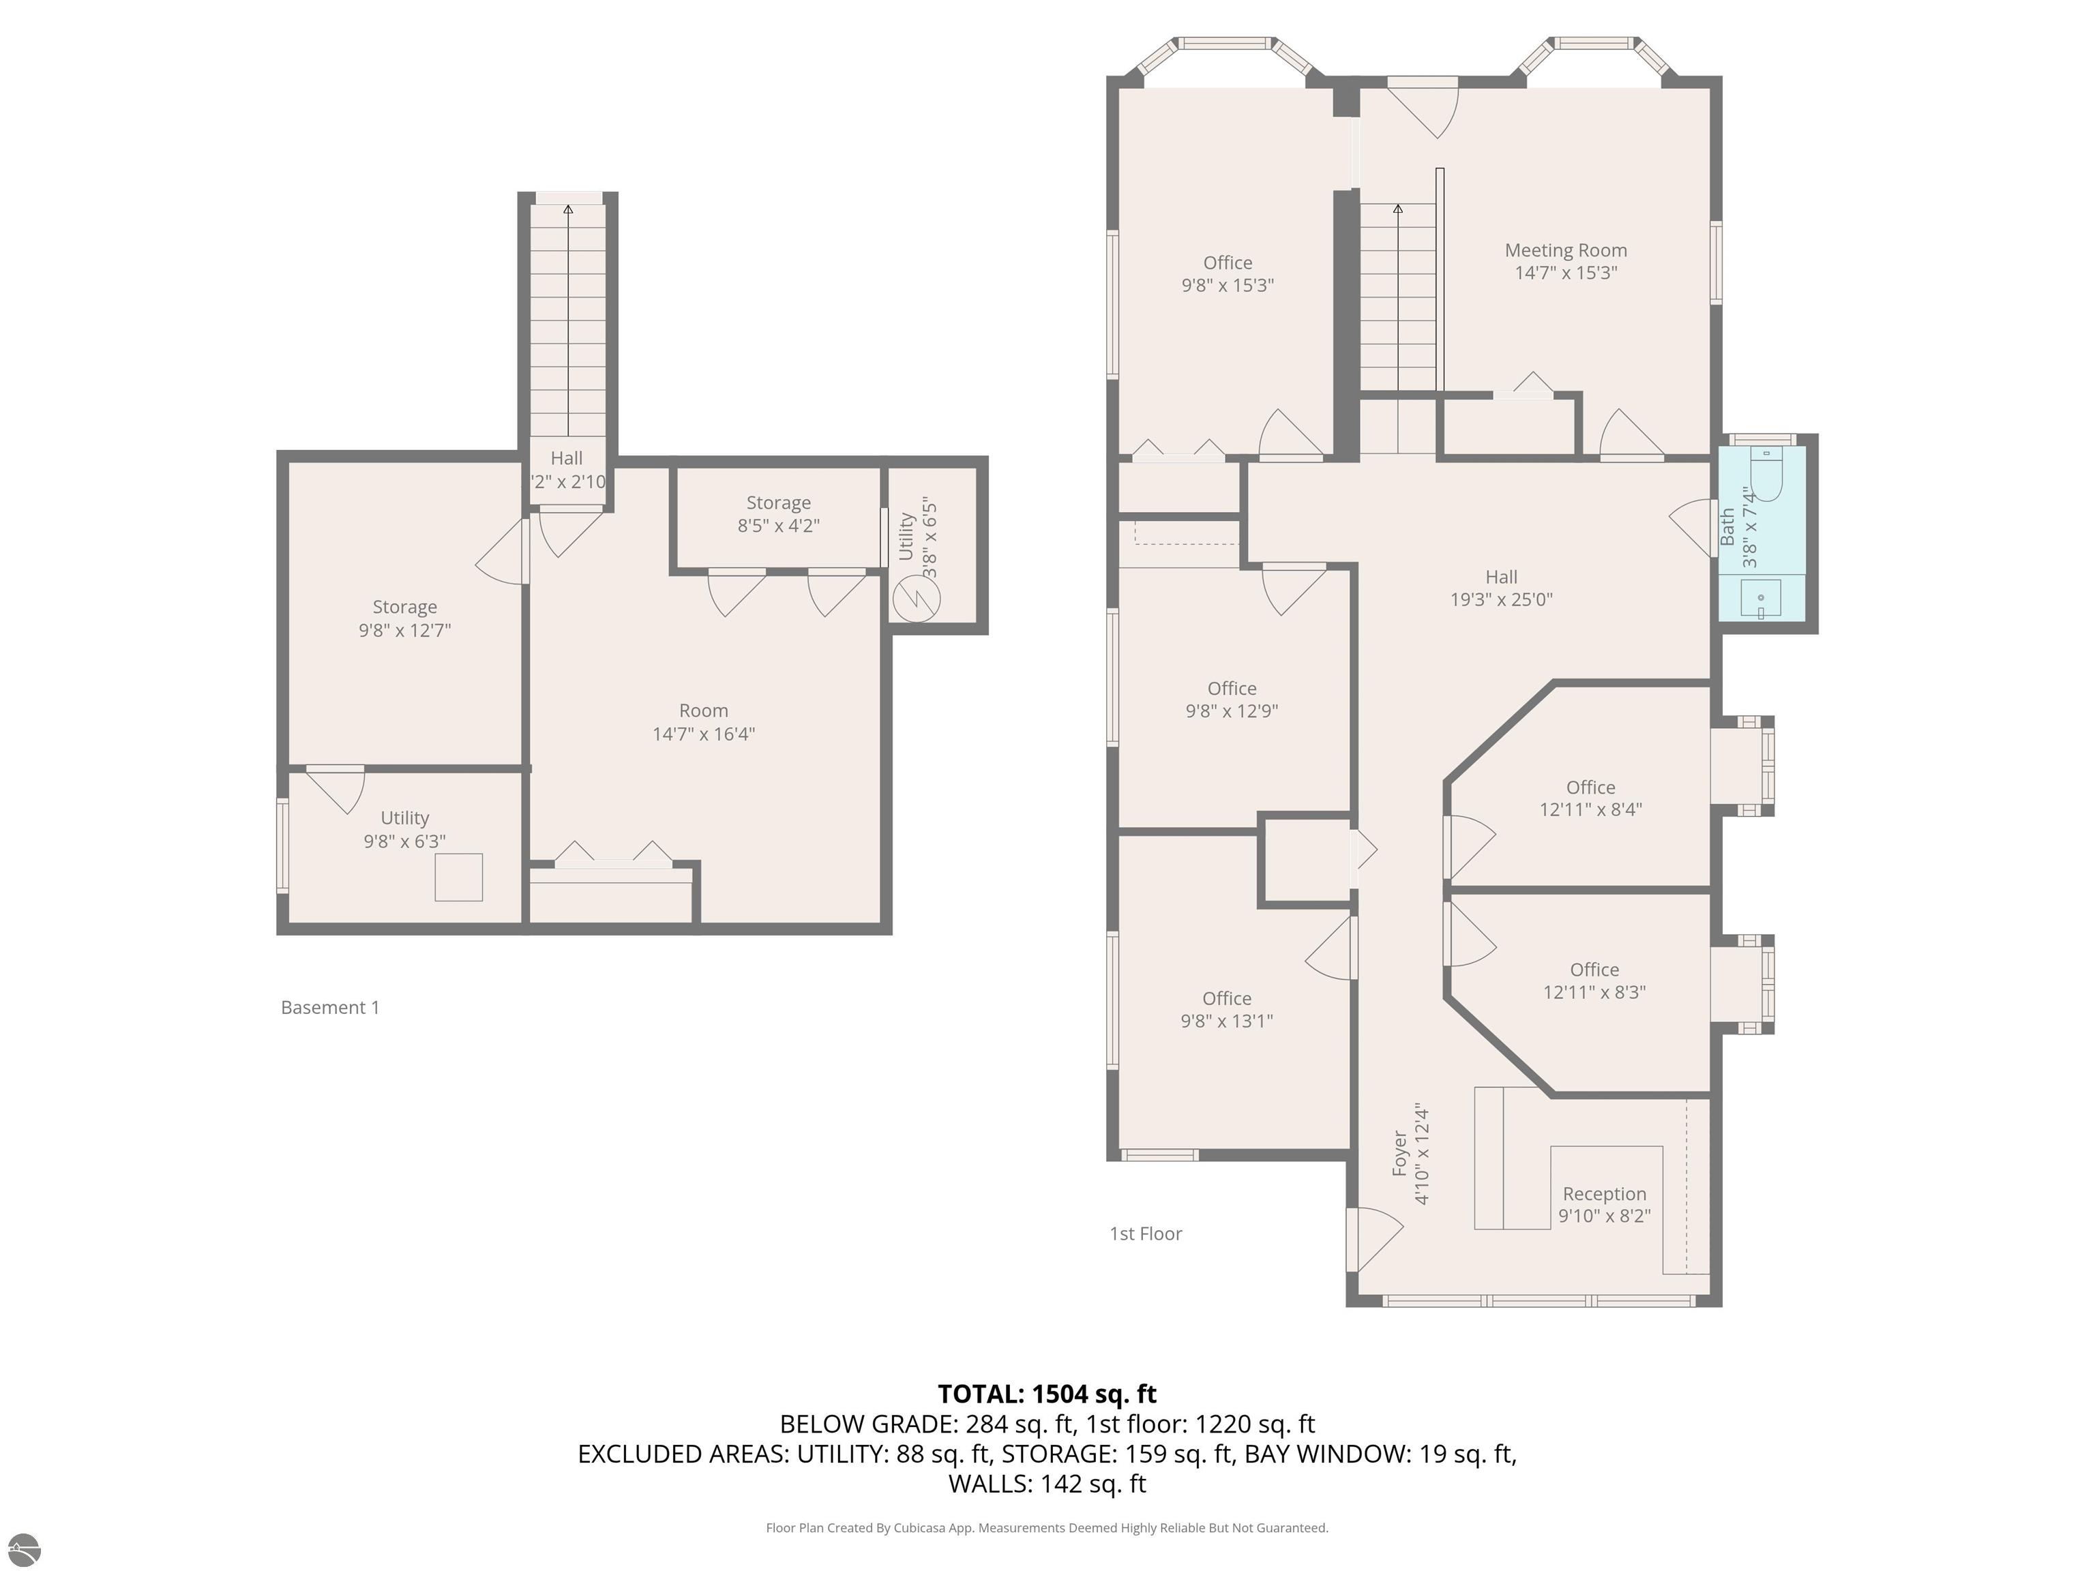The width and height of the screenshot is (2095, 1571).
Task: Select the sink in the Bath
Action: point(1761,599)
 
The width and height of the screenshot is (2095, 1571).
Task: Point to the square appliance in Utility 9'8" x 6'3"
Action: point(458,877)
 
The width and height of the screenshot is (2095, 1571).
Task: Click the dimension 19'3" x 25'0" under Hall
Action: point(1500,599)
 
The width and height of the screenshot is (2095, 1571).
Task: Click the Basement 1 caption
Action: point(329,1008)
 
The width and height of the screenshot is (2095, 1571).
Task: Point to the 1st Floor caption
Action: point(1145,1233)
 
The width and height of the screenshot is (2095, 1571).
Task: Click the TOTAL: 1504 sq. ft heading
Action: point(1047,1394)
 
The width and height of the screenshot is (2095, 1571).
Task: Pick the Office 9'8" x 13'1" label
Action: point(1226,1008)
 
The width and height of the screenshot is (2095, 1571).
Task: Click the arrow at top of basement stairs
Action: point(567,210)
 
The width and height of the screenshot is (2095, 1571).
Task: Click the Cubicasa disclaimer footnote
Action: point(1047,1527)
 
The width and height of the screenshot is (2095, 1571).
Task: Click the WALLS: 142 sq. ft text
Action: point(1047,1484)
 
